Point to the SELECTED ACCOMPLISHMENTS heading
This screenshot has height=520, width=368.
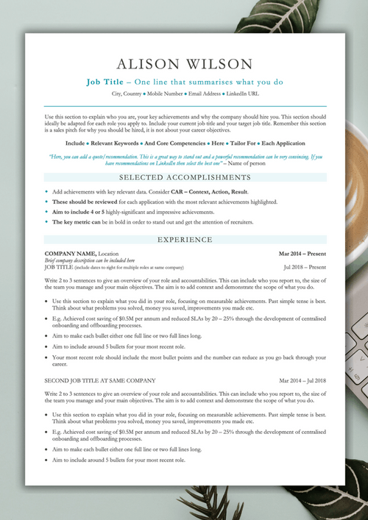tap(185, 177)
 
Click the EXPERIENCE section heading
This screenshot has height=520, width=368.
tap(185, 240)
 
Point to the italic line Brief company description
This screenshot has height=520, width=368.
tap(90, 260)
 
